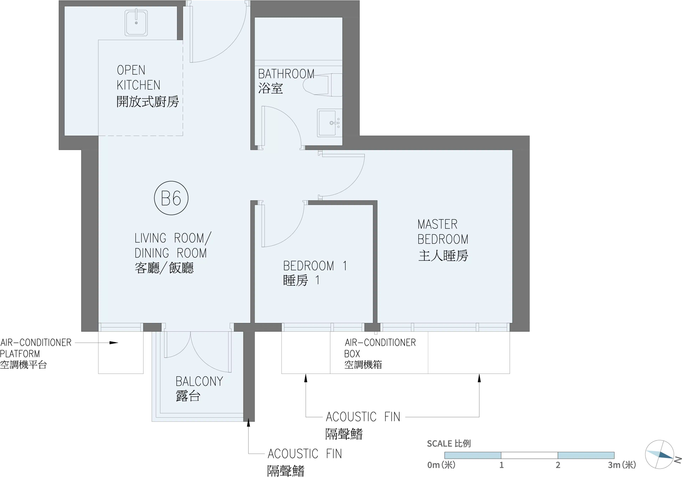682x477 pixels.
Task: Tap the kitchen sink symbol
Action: click(136, 23)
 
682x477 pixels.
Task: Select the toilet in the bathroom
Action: click(322, 85)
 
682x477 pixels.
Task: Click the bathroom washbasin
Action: click(329, 123)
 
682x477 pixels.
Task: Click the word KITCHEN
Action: click(138, 86)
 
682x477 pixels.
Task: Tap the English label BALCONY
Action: click(199, 381)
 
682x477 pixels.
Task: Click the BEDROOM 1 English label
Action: click(315, 266)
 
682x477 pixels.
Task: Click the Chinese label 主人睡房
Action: click(443, 256)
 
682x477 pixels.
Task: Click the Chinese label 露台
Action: click(188, 396)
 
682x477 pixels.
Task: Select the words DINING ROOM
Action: click(170, 253)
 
